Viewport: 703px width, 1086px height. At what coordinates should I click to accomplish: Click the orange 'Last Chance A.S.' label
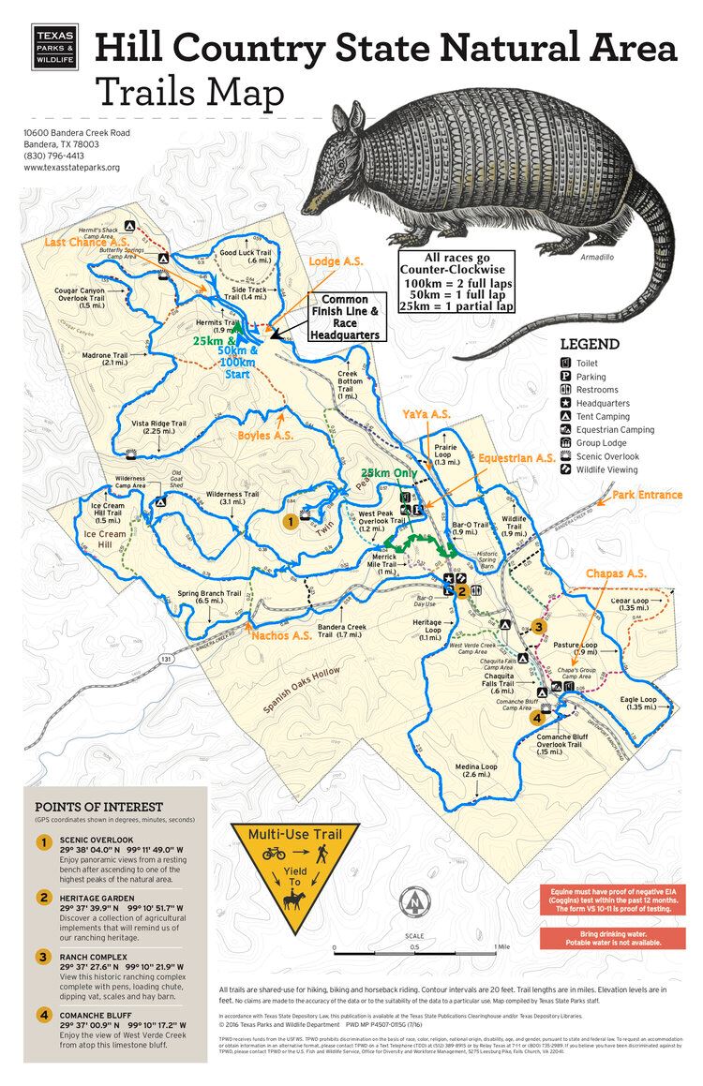coord(89,242)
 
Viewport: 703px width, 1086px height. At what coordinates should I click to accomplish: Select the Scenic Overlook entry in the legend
coord(607,455)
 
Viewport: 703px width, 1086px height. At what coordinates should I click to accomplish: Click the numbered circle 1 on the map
coord(291,520)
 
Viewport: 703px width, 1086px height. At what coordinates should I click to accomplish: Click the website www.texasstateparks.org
coord(71,168)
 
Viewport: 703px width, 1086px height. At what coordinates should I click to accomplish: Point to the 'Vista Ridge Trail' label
coord(167,428)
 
